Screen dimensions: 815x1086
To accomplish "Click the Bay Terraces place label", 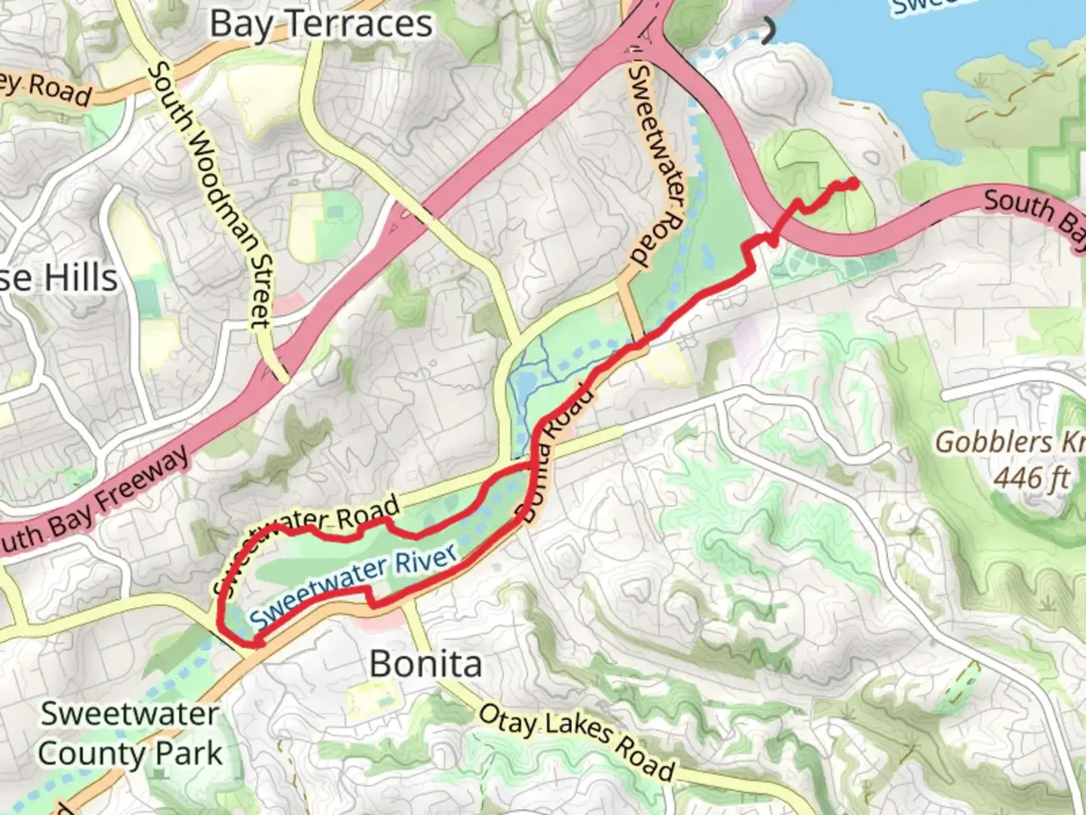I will pyautogui.click(x=321, y=24).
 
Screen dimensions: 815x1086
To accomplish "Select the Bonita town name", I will pyautogui.click(x=425, y=664).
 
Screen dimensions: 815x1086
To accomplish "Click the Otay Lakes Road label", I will pyautogui.click(x=576, y=743).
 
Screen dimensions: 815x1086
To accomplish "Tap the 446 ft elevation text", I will pyautogui.click(x=1031, y=477).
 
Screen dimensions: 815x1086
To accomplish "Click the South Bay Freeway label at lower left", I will pyautogui.click(x=94, y=501).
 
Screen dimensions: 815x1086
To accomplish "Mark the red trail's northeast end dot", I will pyautogui.click(x=853, y=183).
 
